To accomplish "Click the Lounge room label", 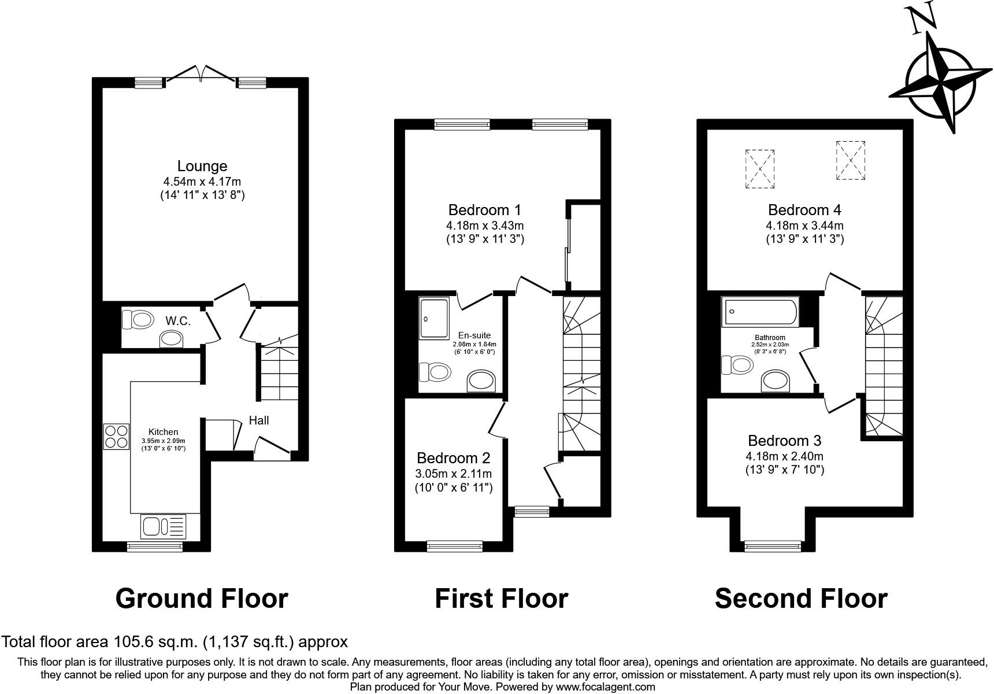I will point(202,167).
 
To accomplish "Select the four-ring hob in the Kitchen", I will point(116,437).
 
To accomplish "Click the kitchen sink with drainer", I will point(164,527).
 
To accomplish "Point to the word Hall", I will point(259,420).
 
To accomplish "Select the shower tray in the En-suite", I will point(434,318).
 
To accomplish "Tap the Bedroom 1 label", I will point(485,209).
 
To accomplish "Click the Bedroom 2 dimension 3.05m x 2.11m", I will point(454,474).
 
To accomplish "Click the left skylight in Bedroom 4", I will point(760,168).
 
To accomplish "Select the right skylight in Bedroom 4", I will point(851,160).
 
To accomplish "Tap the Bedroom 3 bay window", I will point(773,545).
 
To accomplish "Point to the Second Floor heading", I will point(801,599).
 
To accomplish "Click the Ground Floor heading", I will point(202,599).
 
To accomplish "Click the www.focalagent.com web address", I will point(605,687).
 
